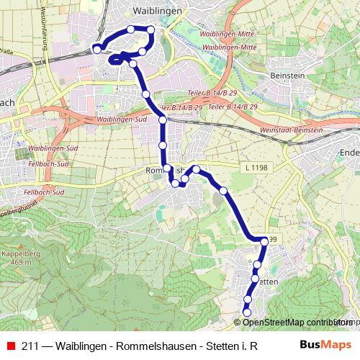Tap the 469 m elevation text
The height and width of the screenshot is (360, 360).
tap(21, 263)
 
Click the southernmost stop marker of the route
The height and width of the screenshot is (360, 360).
tap(247, 313)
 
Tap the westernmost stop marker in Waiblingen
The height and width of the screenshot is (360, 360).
tap(97, 49)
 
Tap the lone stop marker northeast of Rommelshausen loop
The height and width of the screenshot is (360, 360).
tap(224, 191)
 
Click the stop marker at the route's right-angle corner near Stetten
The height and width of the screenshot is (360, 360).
tap(264, 240)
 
